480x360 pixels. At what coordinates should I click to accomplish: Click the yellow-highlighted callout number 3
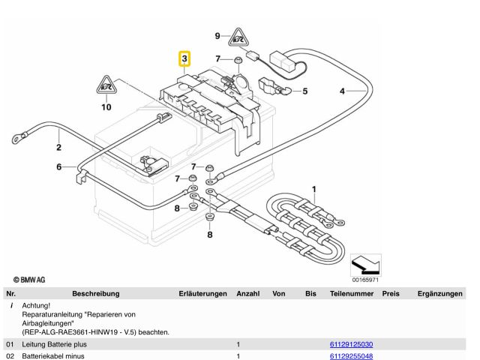(x=184, y=58)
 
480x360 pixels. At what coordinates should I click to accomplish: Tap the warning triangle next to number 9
(x=238, y=37)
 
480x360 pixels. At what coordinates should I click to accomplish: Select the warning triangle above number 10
(x=106, y=85)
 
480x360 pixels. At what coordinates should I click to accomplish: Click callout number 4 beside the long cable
(x=342, y=91)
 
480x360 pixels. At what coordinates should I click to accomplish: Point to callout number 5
(x=305, y=91)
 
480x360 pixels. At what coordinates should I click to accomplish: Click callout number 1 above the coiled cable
(x=313, y=190)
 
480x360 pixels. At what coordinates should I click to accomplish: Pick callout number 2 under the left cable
(x=58, y=147)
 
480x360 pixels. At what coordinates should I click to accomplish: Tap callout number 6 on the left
(x=58, y=166)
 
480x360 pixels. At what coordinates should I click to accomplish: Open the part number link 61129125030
(x=351, y=344)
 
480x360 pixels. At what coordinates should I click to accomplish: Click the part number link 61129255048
(x=351, y=356)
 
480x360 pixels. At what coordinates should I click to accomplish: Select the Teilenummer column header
(x=352, y=293)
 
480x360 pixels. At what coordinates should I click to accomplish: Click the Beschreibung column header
(x=96, y=293)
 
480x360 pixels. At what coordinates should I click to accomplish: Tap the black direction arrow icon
(x=365, y=265)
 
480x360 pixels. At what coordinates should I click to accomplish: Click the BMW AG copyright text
(x=29, y=280)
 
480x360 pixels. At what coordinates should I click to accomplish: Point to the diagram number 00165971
(x=365, y=280)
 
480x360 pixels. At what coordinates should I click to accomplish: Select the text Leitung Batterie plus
(x=54, y=344)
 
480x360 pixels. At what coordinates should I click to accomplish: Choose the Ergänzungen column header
(x=440, y=293)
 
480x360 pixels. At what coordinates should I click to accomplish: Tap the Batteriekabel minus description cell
(x=53, y=356)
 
